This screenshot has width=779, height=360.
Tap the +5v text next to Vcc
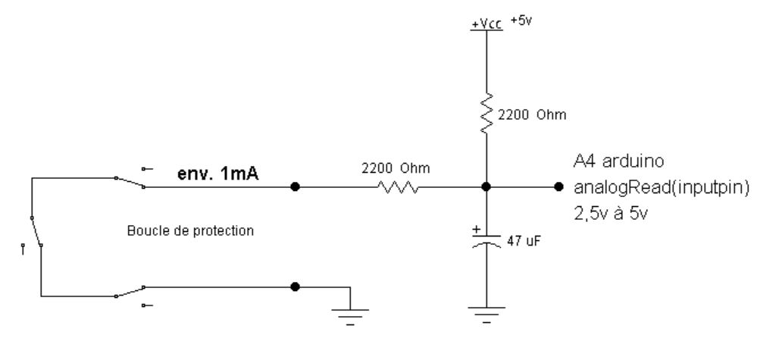coord(522,20)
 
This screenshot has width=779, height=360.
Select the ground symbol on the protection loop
coord(349,313)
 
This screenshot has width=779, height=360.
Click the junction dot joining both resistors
coord(486,186)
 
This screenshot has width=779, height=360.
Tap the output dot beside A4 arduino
coord(558,186)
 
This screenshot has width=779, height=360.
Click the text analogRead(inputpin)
coord(662,188)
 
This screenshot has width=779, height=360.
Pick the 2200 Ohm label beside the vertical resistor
coord(533,114)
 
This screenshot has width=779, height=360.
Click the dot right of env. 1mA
coord(295,186)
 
